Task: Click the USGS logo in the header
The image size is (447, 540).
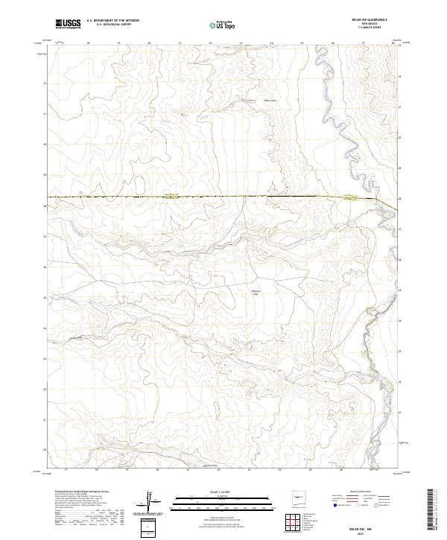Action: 68,25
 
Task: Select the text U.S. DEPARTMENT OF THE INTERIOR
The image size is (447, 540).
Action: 112,22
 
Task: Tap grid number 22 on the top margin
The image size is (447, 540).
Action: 210,43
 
